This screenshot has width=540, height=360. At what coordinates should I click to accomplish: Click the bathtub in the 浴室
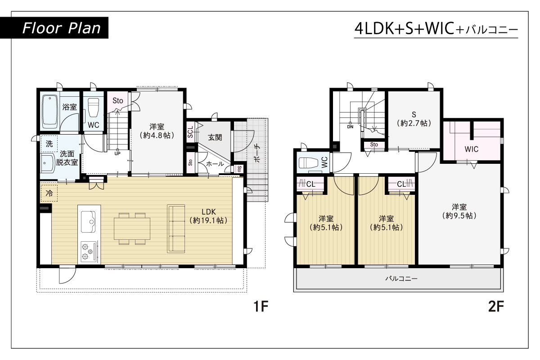tap(50, 112)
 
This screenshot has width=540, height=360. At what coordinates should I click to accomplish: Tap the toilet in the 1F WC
tap(93, 108)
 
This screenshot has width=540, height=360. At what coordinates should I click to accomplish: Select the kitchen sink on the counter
tap(88, 222)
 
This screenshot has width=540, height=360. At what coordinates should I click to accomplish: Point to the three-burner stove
tap(89, 252)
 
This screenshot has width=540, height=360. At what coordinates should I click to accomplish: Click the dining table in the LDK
tap(132, 229)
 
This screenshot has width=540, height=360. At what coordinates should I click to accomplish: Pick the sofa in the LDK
tap(176, 229)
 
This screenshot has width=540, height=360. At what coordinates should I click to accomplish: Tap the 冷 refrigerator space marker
tap(49, 193)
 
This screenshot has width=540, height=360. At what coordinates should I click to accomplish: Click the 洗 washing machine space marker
tap(49, 144)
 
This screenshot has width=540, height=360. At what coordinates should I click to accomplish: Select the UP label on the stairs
tap(117, 153)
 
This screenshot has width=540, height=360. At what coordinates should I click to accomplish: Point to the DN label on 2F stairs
tap(350, 126)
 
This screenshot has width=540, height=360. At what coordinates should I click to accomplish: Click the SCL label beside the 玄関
tap(190, 132)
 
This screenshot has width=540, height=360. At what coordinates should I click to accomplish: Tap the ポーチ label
tap(257, 153)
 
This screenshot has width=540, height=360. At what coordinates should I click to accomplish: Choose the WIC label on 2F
tap(472, 149)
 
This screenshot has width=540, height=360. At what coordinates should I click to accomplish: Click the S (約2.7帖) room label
tap(414, 119)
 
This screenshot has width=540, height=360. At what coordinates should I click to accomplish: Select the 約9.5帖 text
tap(459, 216)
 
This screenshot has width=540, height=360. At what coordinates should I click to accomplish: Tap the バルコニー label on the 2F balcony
tap(401, 279)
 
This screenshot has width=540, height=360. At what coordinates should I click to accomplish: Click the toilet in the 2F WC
tap(309, 163)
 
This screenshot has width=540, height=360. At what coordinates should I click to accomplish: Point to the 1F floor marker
tap(261, 306)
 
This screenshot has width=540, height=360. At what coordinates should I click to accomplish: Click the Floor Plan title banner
tap(54, 28)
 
